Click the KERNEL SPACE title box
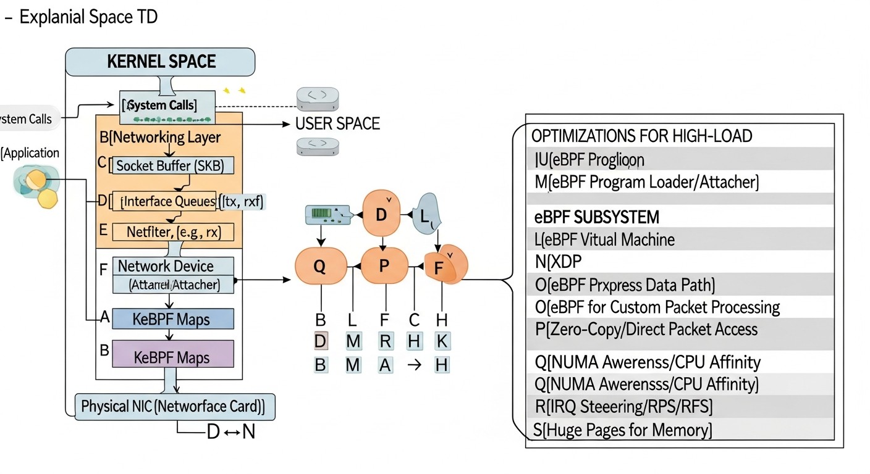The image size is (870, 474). [160, 62]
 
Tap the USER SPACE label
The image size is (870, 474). [337, 123]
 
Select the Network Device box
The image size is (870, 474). [173, 267]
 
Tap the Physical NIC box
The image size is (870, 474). [174, 407]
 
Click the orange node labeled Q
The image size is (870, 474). [319, 266]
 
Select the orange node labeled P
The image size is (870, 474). [384, 266]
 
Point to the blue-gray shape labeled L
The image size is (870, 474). [428, 214]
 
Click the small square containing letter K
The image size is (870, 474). [441, 341]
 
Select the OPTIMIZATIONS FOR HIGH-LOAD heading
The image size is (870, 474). [641, 136]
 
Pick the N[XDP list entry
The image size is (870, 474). [557, 262]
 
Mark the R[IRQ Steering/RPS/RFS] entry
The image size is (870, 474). [623, 407]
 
